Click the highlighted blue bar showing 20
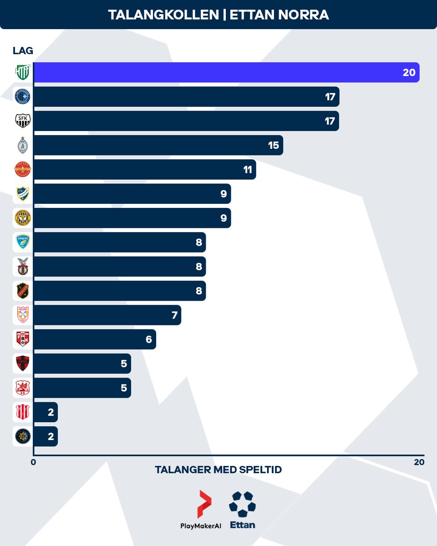click(226, 72)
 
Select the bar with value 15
click(158, 145)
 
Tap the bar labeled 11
click(144, 170)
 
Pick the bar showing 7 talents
click(107, 315)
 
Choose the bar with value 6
click(95, 339)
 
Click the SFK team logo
click(22, 121)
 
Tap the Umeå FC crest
click(22, 242)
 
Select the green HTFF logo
click(22, 72)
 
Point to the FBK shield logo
click(22, 339)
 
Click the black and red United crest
click(22, 364)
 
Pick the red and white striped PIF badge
click(22, 412)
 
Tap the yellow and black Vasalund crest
click(22, 218)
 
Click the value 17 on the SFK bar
click(330, 121)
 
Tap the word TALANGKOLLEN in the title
click(163, 15)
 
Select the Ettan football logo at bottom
click(242, 504)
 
